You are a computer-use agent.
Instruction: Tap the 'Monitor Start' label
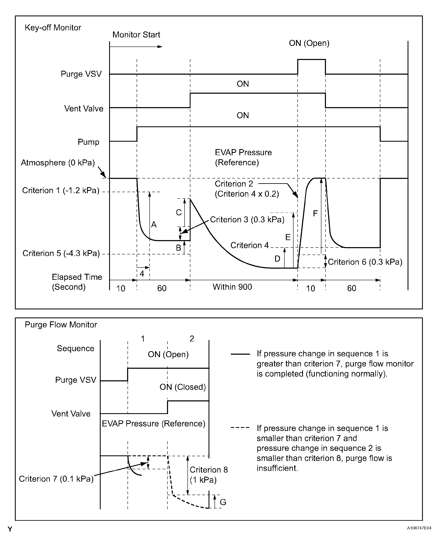136,35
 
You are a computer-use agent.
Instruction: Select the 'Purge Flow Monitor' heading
61,324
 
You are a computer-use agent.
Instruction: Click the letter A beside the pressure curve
154,225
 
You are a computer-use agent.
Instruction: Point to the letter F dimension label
315,213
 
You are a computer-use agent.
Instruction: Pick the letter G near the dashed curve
223,502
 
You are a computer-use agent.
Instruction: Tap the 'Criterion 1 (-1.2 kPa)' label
61,190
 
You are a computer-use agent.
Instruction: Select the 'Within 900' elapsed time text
232,287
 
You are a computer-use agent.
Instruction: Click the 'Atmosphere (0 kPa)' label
58,162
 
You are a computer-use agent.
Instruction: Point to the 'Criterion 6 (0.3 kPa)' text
365,262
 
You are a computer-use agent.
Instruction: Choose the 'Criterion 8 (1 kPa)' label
209,475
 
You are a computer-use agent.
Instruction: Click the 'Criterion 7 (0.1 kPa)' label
56,479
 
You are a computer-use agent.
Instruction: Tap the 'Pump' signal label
88,142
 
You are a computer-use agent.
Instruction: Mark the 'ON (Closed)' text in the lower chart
183,387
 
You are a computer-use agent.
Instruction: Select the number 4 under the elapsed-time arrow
142,273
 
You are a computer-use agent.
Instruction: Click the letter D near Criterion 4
277,259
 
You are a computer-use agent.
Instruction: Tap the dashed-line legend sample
240,428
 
